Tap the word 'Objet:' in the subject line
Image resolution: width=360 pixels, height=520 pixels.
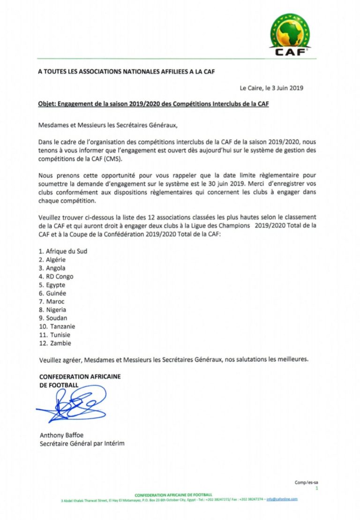[x=47, y=104]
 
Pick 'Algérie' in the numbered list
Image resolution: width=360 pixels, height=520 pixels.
[x=56, y=259]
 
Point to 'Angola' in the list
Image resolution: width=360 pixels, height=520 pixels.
[x=56, y=268]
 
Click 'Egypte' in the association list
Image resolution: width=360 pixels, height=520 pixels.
[x=55, y=285]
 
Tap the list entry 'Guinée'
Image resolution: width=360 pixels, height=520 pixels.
[x=56, y=293]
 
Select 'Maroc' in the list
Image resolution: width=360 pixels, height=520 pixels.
[x=55, y=301]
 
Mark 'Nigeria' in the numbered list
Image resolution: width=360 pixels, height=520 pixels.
[x=56, y=310]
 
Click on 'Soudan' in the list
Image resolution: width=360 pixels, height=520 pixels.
[x=56, y=318]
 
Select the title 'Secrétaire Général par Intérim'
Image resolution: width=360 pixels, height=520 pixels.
[x=82, y=444]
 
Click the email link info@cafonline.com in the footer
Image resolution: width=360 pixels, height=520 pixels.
[x=282, y=499]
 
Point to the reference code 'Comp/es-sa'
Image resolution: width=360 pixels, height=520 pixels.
[x=307, y=482]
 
